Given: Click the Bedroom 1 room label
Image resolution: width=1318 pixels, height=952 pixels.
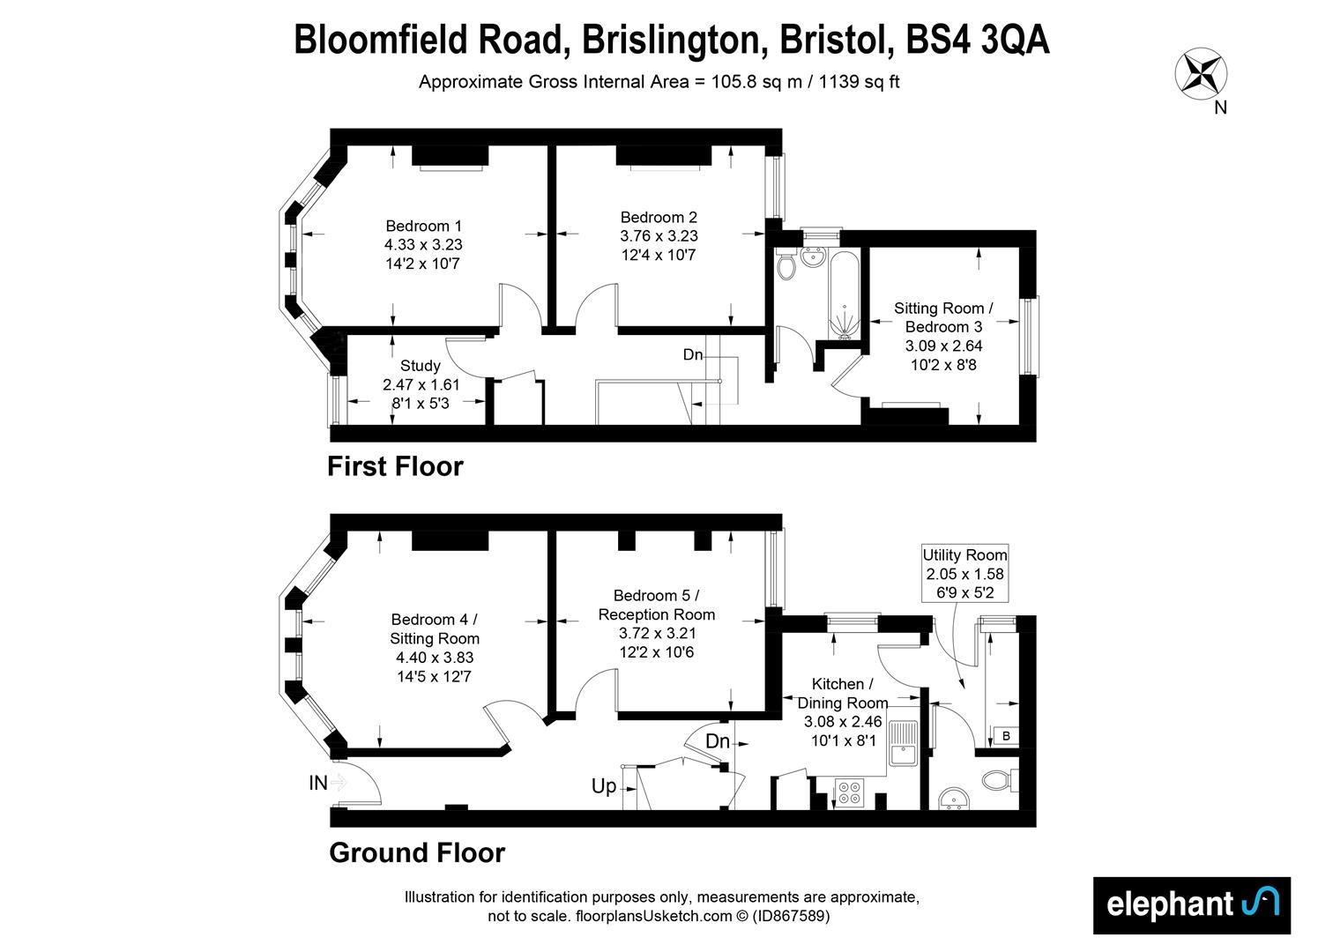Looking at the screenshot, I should (x=423, y=227).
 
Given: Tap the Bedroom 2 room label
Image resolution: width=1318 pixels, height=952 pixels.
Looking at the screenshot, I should (x=659, y=218).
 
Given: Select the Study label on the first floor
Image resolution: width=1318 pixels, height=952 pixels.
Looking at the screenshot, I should (x=421, y=366).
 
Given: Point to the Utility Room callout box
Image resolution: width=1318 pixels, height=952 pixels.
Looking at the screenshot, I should (x=964, y=574).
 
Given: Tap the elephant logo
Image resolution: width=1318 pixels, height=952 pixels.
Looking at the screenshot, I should (x=1191, y=904).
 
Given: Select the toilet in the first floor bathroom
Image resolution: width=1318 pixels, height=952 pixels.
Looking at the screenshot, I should (x=786, y=264).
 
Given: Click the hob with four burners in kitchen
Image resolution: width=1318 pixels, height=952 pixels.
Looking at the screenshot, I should (x=851, y=792).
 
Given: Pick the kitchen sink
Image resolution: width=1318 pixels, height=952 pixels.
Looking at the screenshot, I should (x=904, y=744).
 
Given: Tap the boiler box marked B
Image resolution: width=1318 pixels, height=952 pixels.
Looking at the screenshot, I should (x=1006, y=736).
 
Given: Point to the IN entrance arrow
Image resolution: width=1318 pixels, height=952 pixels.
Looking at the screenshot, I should (x=339, y=782).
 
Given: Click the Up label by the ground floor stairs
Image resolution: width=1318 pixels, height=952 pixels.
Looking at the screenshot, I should (x=604, y=786).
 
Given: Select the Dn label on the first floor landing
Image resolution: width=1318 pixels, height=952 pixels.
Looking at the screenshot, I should (x=693, y=354).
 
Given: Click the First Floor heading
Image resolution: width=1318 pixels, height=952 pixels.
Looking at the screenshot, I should (x=395, y=466).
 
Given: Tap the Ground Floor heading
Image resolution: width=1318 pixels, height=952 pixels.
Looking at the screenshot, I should (x=417, y=853).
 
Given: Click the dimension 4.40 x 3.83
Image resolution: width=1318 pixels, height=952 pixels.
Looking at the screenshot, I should (x=435, y=658).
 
